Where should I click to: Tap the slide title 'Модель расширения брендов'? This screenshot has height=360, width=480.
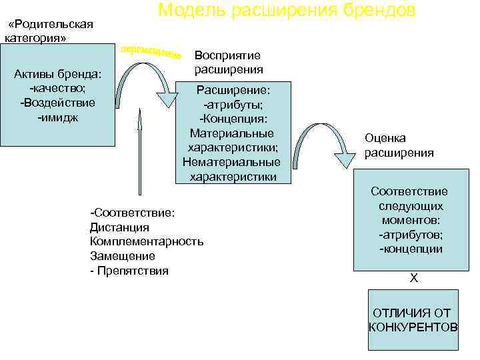(287, 10)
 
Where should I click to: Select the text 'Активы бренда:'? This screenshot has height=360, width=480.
(57, 73)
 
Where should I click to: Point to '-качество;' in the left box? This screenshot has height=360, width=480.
(57, 88)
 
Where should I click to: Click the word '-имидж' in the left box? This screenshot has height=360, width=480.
(58, 117)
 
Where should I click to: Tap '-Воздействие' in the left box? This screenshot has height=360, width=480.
(57, 103)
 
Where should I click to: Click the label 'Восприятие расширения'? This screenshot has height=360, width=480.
(228, 62)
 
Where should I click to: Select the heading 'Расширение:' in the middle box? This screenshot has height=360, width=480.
(233, 89)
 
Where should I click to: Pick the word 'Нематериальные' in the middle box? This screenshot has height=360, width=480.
(232, 162)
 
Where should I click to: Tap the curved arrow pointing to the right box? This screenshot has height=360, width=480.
(327, 143)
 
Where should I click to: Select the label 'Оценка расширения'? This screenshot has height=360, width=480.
(399, 145)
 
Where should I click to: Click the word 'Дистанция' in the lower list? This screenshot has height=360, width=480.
(119, 227)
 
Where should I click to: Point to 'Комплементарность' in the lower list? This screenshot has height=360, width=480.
(147, 241)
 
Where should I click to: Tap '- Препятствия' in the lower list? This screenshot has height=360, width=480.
(129, 271)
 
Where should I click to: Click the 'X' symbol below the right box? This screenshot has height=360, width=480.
(414, 278)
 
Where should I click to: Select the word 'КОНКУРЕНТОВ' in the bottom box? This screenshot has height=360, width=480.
(413, 327)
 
